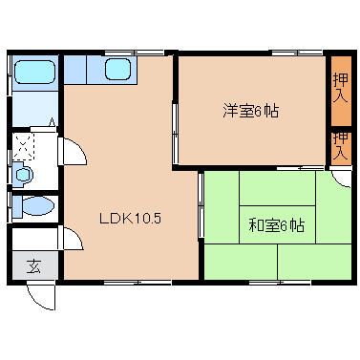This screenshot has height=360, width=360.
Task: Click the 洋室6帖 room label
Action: coord(251,112)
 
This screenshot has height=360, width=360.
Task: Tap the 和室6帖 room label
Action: coord(276,225)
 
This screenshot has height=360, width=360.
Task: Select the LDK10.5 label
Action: coord(131,219)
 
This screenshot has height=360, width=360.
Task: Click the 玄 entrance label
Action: coord(33,266)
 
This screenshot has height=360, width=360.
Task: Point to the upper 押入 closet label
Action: coord(341,88)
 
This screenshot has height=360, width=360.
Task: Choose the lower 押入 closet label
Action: coord(341,147)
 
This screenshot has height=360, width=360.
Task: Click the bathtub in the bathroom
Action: coord(34,73)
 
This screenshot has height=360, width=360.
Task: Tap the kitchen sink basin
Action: coord(117,69)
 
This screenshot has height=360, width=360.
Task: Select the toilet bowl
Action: coord(33,206)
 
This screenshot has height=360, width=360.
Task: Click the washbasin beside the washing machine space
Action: coord(23,175)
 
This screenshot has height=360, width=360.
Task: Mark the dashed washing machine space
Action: coord(23,146)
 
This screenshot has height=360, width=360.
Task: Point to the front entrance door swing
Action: coord(41,297)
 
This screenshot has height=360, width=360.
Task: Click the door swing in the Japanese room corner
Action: coord(341,179)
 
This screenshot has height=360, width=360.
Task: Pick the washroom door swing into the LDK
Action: coord(73,152)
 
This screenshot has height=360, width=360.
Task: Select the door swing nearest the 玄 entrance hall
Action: coord(71,238)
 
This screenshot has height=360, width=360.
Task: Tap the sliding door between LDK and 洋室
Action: coord(175,132)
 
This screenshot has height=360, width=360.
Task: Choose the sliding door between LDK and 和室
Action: coord(201,204)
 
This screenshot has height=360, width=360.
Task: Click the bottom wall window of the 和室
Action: coord(280,282)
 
